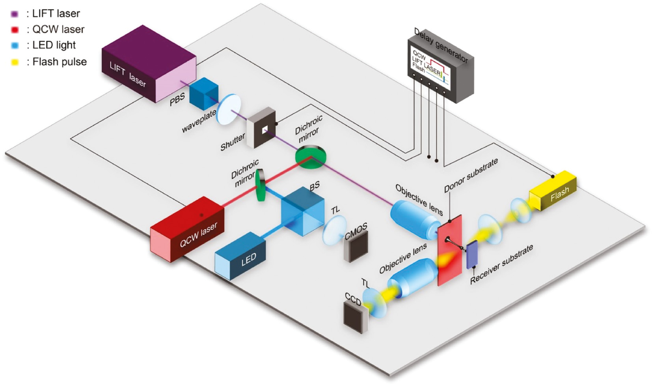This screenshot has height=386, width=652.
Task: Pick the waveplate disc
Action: click(229, 110)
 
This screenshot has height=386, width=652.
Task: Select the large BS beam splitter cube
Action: click(303, 211)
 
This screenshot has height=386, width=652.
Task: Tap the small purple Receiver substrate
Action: click(472, 254)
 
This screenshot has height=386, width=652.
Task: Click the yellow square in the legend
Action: click(15, 62)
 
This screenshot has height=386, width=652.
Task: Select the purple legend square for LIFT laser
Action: click(15, 14)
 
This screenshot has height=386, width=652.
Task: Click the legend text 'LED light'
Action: click(54, 45)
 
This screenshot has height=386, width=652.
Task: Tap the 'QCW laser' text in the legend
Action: click(58, 29)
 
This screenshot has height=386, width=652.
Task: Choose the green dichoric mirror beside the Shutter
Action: click(311, 157)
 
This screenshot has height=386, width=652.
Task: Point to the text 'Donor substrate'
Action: click(471, 175)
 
